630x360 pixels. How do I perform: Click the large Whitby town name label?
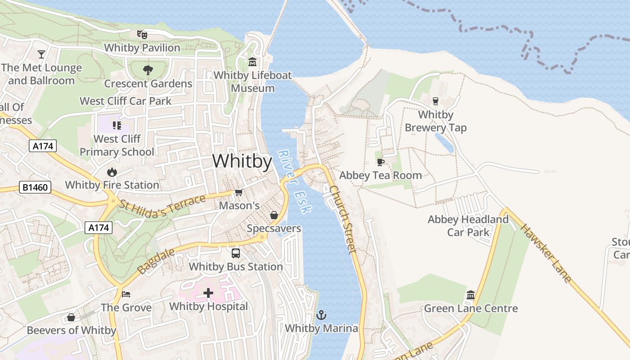click(242, 161)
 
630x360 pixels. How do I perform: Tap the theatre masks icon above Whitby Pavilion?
click(142, 34)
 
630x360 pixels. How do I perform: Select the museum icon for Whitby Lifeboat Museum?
click(252, 62)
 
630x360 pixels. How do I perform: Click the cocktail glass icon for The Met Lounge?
click(41, 54)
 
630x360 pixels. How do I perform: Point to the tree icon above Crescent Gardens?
click(148, 70)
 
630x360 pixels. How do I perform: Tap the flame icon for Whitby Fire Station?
click(112, 172)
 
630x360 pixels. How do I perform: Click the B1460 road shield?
click(35, 187)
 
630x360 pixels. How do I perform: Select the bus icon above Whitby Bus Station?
click(236, 253)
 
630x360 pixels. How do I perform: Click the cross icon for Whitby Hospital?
click(208, 293)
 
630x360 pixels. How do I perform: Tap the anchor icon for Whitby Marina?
click(321, 315)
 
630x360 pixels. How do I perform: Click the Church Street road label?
click(343, 219)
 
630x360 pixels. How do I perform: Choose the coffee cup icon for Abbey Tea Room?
click(381, 162)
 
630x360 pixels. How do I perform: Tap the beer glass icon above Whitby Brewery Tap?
click(435, 101)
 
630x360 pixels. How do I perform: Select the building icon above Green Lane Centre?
click(471, 295)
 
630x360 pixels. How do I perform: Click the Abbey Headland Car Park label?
click(468, 226)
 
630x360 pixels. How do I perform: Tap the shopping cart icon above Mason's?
click(238, 193)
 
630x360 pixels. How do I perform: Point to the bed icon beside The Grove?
click(126, 294)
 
